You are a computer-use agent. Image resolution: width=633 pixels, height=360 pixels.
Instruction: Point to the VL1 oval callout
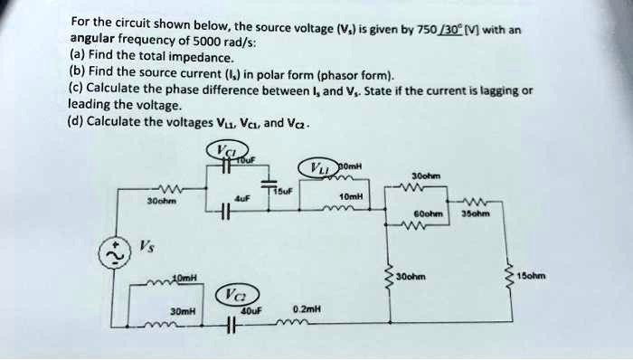point(321,168)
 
